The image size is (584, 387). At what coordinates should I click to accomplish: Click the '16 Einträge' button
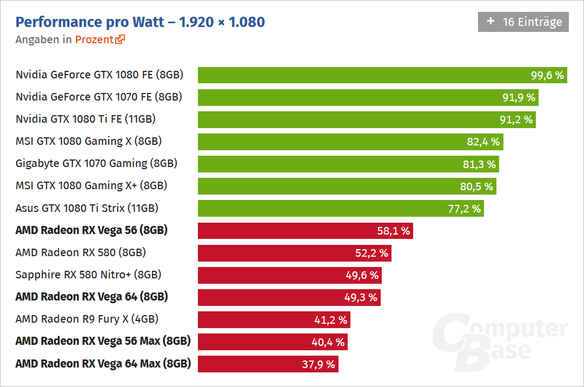523,22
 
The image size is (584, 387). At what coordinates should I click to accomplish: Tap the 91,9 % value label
519,97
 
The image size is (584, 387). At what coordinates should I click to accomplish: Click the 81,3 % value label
479,164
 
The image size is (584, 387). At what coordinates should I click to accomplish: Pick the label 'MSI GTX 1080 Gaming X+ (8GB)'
91,186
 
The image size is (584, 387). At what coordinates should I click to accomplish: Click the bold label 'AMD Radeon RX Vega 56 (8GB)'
91,230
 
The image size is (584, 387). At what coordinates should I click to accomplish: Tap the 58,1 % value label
394,231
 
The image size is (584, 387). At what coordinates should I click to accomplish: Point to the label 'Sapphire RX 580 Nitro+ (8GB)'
89,275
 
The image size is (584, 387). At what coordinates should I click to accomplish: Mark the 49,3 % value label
361,297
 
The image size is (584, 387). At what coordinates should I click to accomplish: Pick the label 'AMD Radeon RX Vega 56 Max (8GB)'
103,342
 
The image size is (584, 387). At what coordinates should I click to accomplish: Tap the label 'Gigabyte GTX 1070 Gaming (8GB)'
97,164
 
